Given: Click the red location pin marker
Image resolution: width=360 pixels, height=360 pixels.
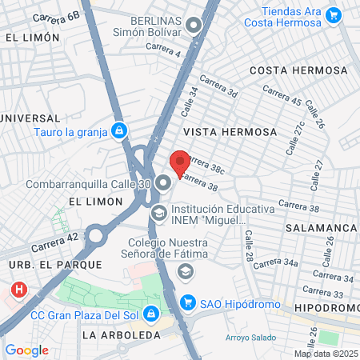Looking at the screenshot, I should point(180,162).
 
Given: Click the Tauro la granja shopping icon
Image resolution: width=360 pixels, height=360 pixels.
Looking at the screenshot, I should point(119,130).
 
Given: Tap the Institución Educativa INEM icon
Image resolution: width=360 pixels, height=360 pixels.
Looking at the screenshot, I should point(158,214).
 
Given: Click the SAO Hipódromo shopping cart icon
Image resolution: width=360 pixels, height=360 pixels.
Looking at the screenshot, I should point(188,302).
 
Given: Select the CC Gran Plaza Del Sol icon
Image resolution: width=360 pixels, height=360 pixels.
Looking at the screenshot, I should point(150,311).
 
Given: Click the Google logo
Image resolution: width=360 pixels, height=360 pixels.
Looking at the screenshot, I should point(26,350).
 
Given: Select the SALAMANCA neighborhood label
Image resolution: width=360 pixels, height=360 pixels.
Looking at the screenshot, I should point(323,228).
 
